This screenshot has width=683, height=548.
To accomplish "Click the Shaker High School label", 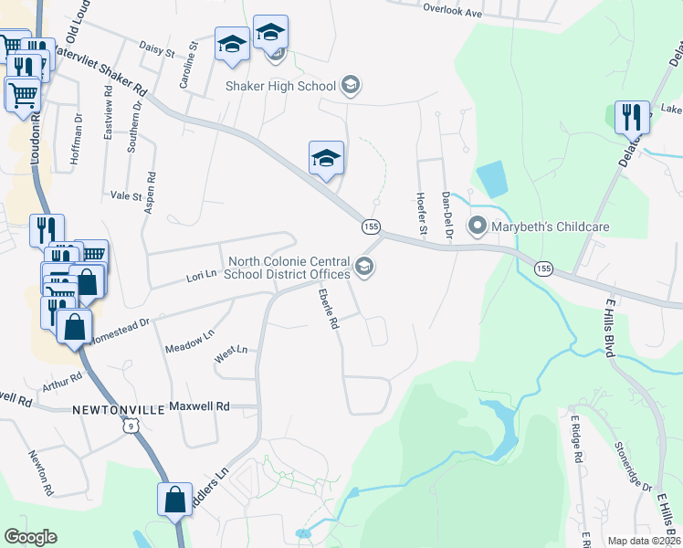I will [x=280, y=87].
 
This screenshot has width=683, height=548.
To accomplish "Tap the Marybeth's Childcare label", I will [x=539, y=226].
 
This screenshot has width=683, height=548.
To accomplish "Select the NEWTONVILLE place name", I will [x=116, y=412].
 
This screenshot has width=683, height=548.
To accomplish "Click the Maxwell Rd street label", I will [x=200, y=406].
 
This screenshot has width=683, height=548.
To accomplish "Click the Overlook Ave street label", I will [x=451, y=14].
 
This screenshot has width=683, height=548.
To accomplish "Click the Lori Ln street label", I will [x=200, y=275].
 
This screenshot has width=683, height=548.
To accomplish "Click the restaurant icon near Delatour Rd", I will [x=632, y=118].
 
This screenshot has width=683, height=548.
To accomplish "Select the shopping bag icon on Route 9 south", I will [x=173, y=501].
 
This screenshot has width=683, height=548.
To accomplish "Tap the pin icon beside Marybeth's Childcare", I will [x=477, y=225].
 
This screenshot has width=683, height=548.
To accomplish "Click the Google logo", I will [x=30, y=537].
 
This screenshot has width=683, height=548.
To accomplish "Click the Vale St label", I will [x=126, y=195].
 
